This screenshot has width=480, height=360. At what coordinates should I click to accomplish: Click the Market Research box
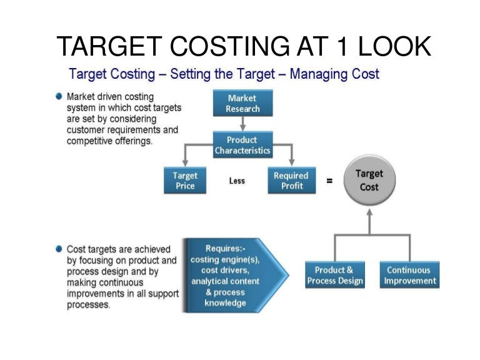(242, 104)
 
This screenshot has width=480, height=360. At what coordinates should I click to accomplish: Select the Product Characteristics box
(242, 145)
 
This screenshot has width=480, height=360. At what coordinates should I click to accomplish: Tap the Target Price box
(185, 181)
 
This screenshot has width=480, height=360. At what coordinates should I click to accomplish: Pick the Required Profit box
(291, 181)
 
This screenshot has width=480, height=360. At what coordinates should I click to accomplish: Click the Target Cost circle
(369, 180)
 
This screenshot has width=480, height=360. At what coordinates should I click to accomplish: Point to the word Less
(237, 181)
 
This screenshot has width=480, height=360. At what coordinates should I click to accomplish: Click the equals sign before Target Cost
(329, 181)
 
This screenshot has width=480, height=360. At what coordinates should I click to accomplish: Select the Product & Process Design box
(335, 275)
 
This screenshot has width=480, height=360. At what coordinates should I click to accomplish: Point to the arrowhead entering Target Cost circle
(369, 212)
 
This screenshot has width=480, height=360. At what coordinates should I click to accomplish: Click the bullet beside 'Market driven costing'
(59, 97)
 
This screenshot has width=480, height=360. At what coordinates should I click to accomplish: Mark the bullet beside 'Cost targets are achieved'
(59, 248)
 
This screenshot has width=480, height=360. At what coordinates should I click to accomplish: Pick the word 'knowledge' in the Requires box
(225, 303)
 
